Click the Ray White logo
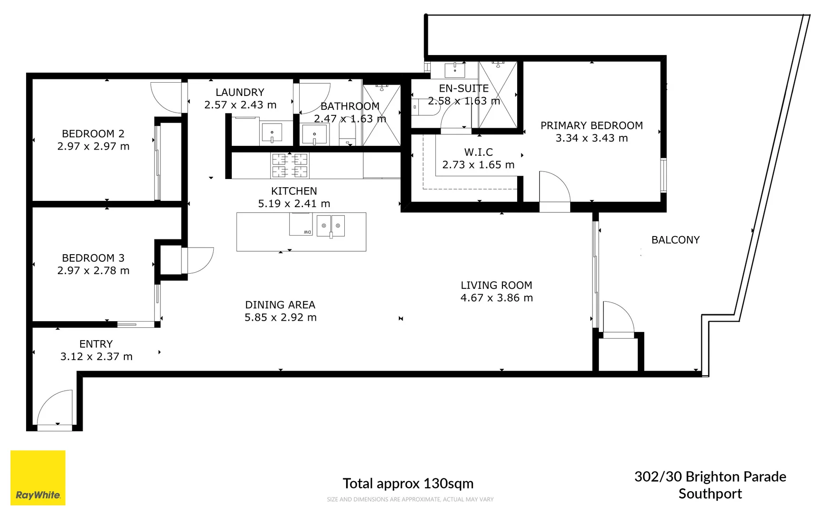[x=38, y=477]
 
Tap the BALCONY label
[x=675, y=240]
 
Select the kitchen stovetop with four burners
[x=290, y=165]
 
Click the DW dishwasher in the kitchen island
[x=301, y=224]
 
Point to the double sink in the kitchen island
[x=330, y=226]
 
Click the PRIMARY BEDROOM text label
[x=591, y=125]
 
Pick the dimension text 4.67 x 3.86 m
[x=496, y=298]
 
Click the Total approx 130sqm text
[x=408, y=484]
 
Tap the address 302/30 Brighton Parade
[x=710, y=476]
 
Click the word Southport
[x=710, y=494]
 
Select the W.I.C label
[x=478, y=152]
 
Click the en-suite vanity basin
[x=454, y=70]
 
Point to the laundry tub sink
[x=272, y=133]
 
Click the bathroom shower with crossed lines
[x=382, y=115]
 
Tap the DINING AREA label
[x=280, y=305]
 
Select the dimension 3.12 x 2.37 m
[x=96, y=357]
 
